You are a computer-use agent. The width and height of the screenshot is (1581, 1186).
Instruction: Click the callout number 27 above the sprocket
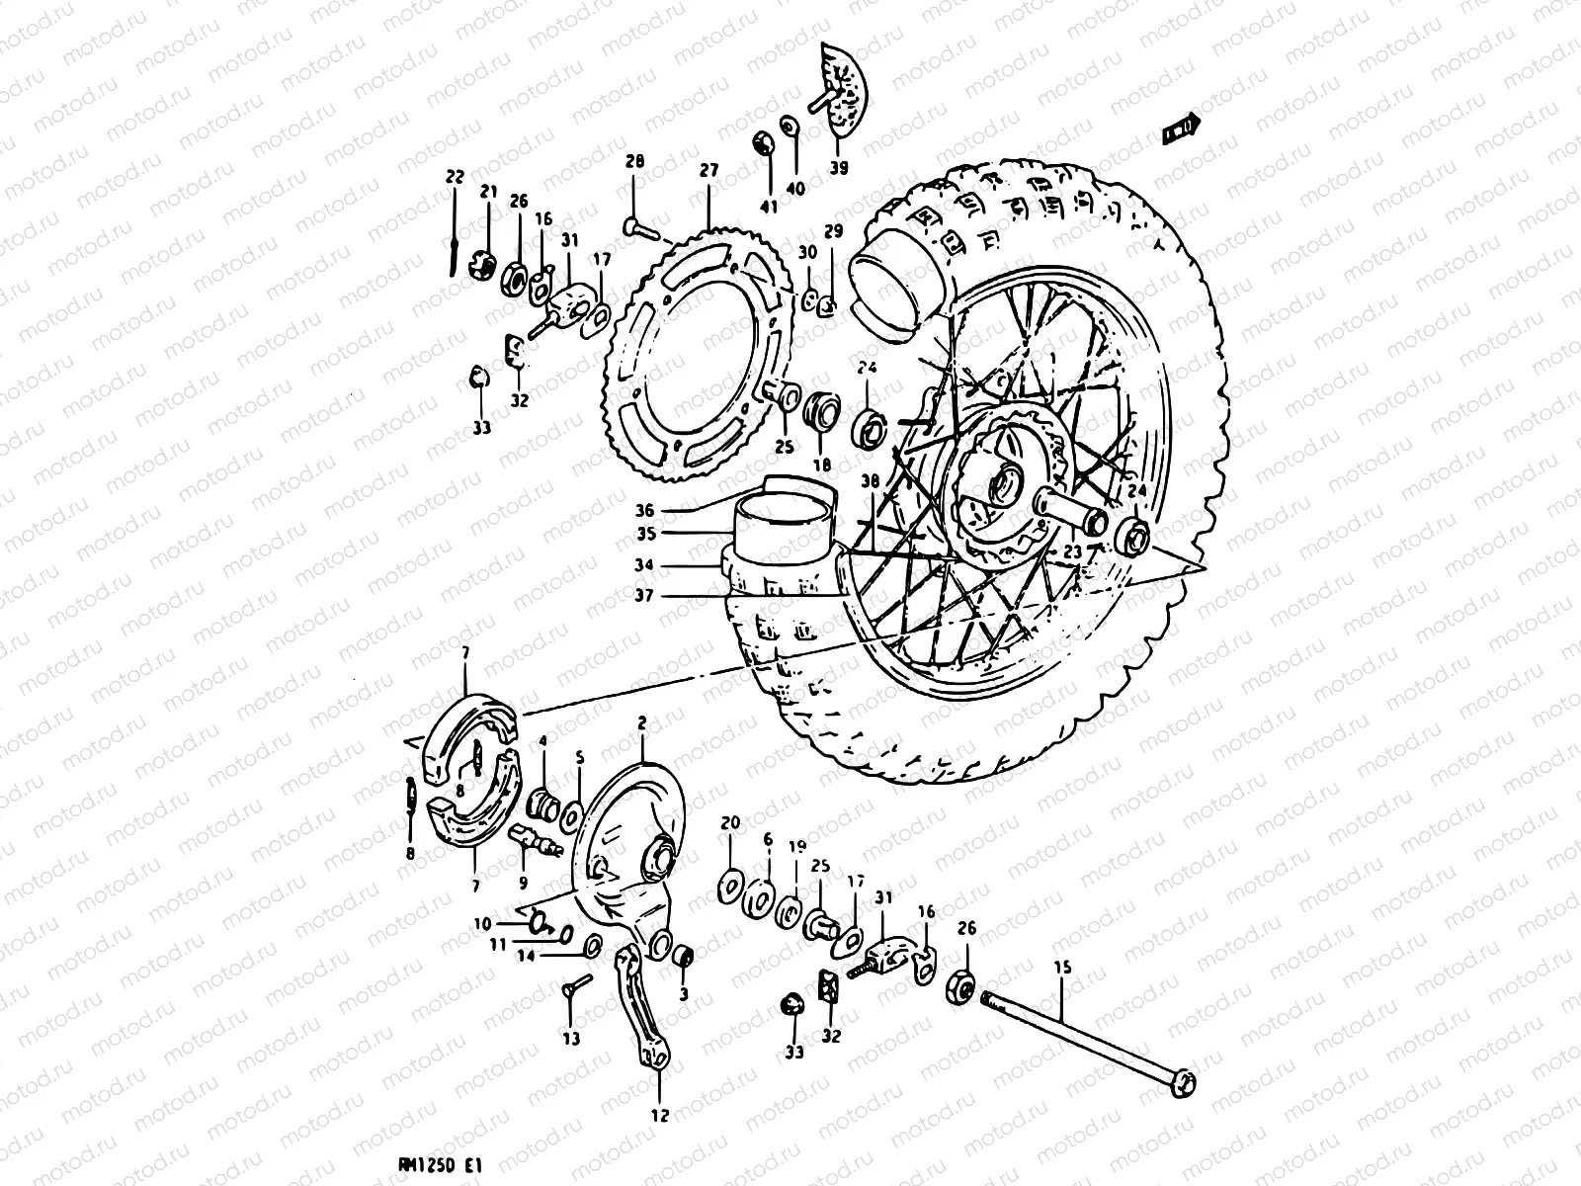pos(708,170)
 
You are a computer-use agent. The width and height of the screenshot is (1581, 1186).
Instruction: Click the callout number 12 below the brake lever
pos(660,1116)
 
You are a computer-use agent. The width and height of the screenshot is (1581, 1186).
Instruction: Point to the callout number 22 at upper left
pos(454,177)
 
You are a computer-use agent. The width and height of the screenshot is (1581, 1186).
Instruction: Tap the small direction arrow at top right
pos(1181,127)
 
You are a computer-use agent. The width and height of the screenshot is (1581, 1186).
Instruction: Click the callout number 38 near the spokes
pos(869,481)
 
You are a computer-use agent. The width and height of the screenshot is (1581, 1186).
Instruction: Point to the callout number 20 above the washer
pos(730,822)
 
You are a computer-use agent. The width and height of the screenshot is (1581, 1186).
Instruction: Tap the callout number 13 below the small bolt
pos(572,1039)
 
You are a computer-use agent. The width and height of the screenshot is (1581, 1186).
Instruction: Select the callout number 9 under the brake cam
pos(523,883)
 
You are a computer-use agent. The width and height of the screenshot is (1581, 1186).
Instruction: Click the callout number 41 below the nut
pos(769,207)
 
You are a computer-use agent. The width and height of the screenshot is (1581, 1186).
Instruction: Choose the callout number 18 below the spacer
pos(821,465)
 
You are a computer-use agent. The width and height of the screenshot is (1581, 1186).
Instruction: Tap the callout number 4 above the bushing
pos(542,740)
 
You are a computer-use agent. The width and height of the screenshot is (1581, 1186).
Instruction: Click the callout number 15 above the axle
pos(1062,969)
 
